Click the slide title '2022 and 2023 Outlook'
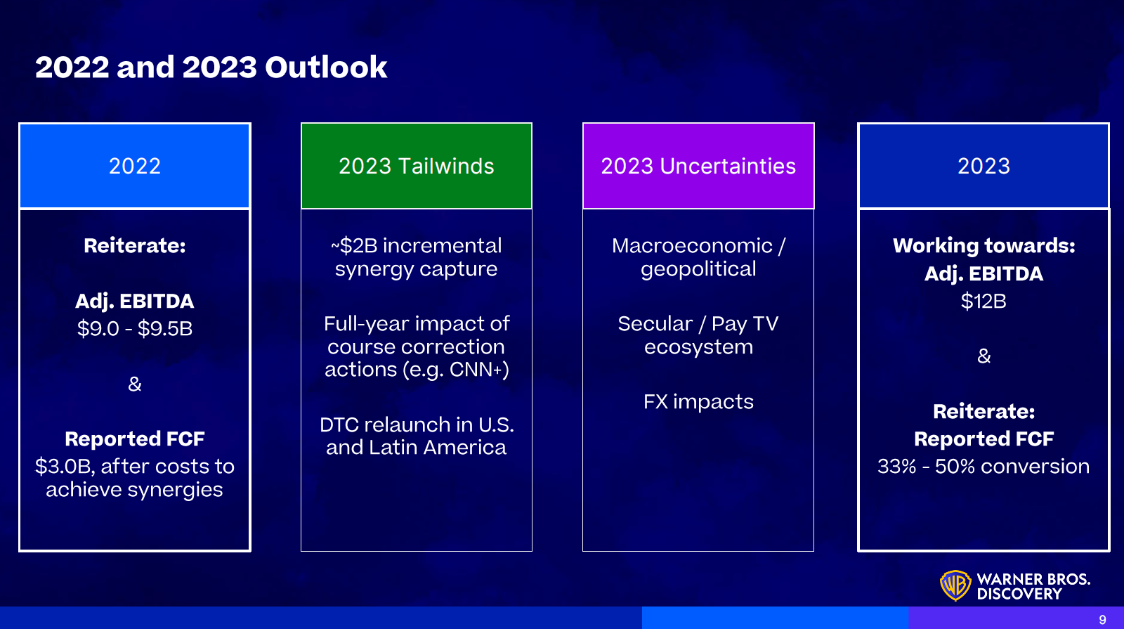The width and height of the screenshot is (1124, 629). click(x=211, y=67)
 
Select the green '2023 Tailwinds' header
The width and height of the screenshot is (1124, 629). click(x=417, y=166)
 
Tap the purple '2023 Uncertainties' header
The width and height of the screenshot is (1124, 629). click(x=698, y=166)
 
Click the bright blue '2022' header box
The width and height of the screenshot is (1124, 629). click(x=134, y=166)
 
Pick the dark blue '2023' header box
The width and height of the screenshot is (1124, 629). click(x=983, y=166)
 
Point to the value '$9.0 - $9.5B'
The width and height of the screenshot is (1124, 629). click(x=134, y=329)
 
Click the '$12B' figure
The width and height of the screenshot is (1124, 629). click(x=983, y=301)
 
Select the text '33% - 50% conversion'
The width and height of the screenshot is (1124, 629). click(x=983, y=467)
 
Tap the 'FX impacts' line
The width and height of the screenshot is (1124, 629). click(x=698, y=401)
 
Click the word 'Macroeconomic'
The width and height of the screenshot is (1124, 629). click(x=692, y=246)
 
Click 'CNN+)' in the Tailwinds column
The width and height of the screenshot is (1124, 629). click(x=479, y=370)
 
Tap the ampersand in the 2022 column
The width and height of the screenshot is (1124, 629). click(x=134, y=384)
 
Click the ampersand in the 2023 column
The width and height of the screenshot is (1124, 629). click(x=984, y=356)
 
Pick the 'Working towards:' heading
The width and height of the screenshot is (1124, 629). click(x=984, y=246)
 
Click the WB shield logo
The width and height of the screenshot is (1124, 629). click(x=955, y=585)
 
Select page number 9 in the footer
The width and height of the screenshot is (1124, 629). click(x=1102, y=620)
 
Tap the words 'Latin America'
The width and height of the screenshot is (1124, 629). click(x=438, y=447)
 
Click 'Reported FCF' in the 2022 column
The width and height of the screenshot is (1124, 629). click(x=134, y=439)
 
